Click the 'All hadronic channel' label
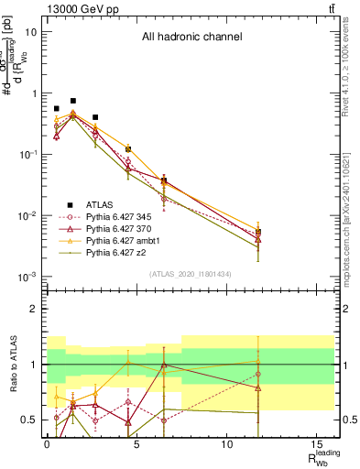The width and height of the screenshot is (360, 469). pos(191,38)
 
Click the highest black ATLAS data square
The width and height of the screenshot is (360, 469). pos(73,101)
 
